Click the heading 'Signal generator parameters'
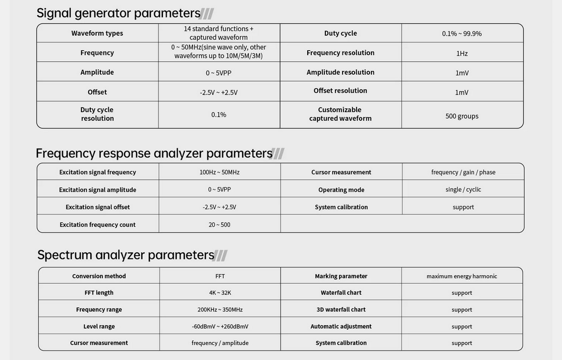[119, 13]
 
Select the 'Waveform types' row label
[97, 33]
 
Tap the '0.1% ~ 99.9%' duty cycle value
[462, 34]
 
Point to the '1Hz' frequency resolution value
[462, 54]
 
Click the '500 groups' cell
[462, 116]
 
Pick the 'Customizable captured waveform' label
[340, 114]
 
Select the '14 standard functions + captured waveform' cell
[218, 33]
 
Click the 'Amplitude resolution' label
[340, 72]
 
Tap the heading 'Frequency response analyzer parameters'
[154, 153]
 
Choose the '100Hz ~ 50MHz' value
[219, 172]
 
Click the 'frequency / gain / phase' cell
[463, 172]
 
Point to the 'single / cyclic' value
[463, 189]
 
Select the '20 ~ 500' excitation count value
[219, 225]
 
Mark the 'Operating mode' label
[341, 190]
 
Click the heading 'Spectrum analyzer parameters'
[126, 255]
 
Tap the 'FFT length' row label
[99, 293]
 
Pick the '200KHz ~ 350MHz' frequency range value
[220, 310]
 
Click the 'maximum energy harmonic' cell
[462, 276]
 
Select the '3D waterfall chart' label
[341, 310]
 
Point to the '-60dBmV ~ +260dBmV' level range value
[220, 327]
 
